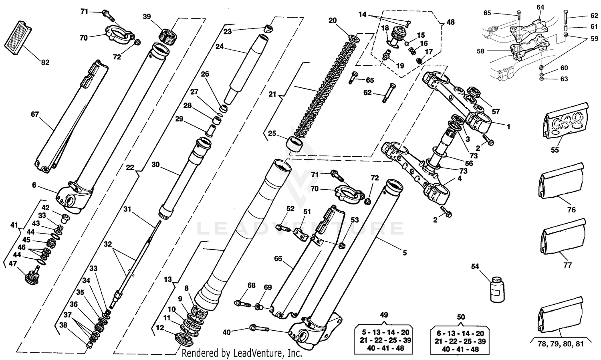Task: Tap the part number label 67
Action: [35, 114]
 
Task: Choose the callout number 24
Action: [219, 47]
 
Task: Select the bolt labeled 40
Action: [260, 328]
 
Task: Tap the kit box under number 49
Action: [384, 340]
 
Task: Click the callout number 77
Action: [567, 265]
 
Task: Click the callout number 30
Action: [155, 164]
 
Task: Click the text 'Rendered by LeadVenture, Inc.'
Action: [242, 353]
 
